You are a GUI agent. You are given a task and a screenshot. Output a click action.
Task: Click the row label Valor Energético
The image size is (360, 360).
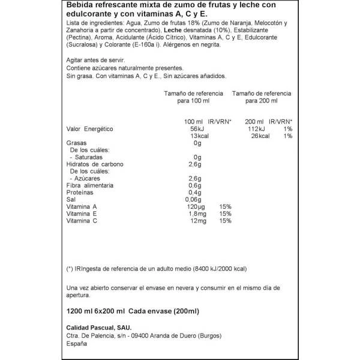pyautogui.click(x=89, y=129)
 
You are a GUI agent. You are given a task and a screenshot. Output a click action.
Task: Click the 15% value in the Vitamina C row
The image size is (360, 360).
pyautogui.click(x=225, y=221)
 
